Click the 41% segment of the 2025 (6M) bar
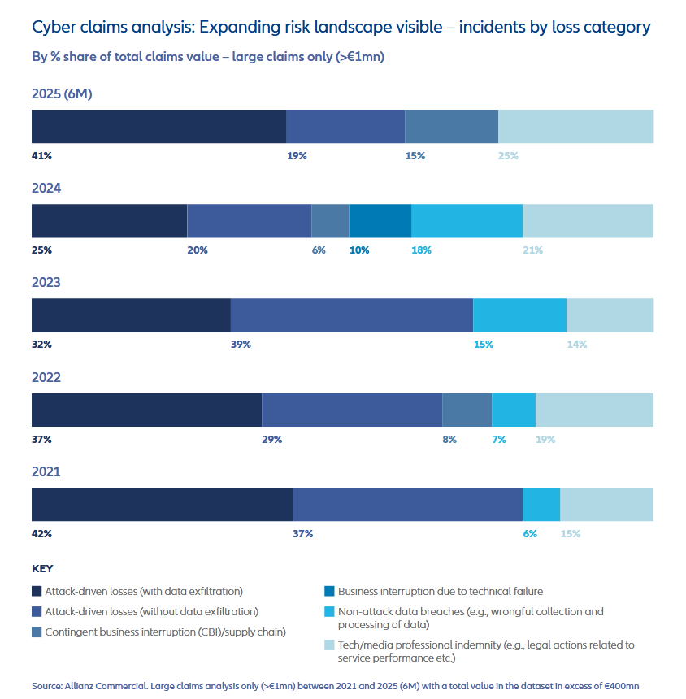click(158, 127)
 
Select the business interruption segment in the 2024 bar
click(380, 221)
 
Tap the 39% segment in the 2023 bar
click(352, 315)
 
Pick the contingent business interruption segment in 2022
click(467, 410)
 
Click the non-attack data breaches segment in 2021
click(541, 504)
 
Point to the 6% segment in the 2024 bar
click(330, 221)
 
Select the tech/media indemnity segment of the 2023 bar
click(610, 315)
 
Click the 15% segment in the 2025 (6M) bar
click(451, 127)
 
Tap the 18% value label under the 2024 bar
click(421, 250)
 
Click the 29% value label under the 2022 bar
click(271, 440)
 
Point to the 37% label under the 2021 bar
click(302, 534)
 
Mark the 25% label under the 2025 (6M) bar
click(508, 155)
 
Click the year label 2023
click(46, 283)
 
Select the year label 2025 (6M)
click(62, 93)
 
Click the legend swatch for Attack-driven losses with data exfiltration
click(37, 592)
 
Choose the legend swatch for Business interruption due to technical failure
click(329, 592)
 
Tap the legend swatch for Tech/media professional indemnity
click(329, 645)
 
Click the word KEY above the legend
click(42, 569)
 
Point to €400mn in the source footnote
click(620, 686)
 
